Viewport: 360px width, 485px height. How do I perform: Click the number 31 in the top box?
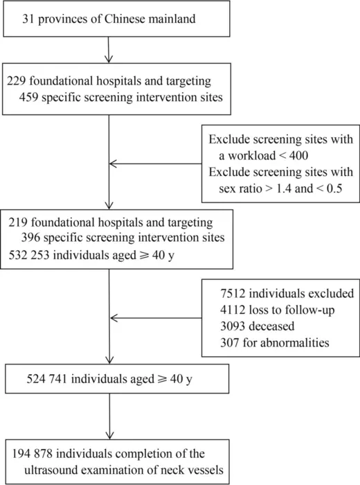coord(28,19)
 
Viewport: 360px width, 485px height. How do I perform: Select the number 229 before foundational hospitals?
coord(17,81)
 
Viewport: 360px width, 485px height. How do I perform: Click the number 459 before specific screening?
coord(28,97)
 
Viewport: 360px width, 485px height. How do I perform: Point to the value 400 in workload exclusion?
coord(298,155)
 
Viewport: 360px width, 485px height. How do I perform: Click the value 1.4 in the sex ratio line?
coord(283,188)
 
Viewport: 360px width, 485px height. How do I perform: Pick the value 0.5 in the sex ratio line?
coord(334,188)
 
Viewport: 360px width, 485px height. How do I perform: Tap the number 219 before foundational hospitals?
coord(18,222)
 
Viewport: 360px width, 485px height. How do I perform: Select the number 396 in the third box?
coord(30,238)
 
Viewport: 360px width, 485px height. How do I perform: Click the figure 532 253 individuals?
coord(29,255)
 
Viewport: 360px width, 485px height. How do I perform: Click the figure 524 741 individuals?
coord(46,379)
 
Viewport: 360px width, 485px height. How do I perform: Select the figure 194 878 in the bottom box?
coord(33,454)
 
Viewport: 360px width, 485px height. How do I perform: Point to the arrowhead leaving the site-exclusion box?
coord(112,164)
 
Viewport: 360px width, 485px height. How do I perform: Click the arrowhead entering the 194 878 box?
coord(109,435)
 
